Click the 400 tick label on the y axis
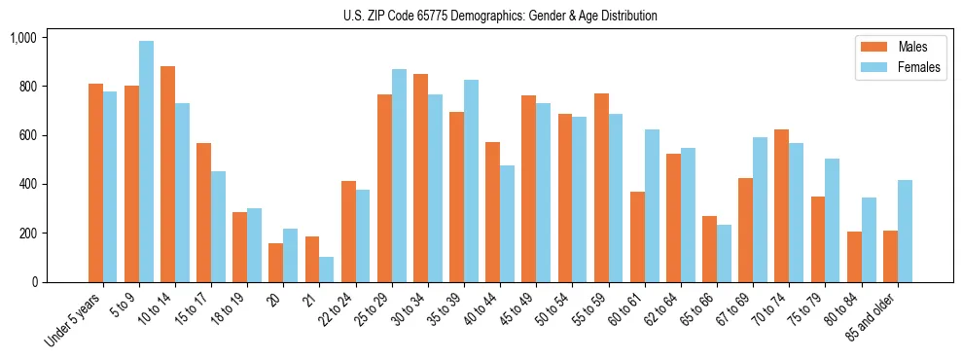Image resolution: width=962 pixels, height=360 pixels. tap(26, 184)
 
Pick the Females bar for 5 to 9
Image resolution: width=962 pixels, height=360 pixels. tap(146, 162)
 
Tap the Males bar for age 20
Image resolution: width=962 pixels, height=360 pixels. tap(276, 263)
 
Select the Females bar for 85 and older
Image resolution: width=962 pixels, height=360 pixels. tap(906, 231)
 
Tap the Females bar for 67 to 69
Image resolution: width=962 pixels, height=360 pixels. tap(761, 209)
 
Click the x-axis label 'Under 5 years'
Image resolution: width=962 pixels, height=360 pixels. tap(74, 319)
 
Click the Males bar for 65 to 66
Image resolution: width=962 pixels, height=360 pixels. tap(710, 249)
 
